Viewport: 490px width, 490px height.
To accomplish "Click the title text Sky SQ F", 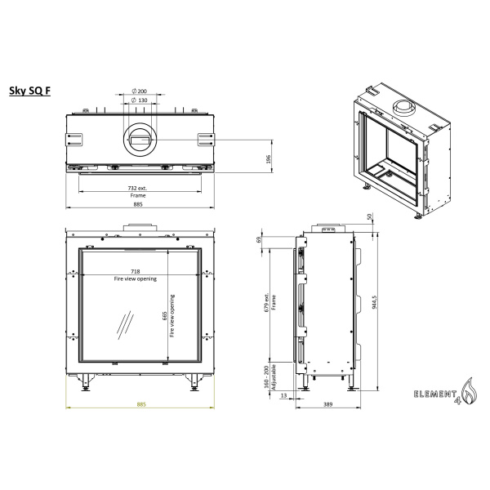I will pos(31,92).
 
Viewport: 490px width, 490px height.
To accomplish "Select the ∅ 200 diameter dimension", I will pos(140,91).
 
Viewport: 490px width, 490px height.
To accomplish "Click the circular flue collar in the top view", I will pos(140,140).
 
